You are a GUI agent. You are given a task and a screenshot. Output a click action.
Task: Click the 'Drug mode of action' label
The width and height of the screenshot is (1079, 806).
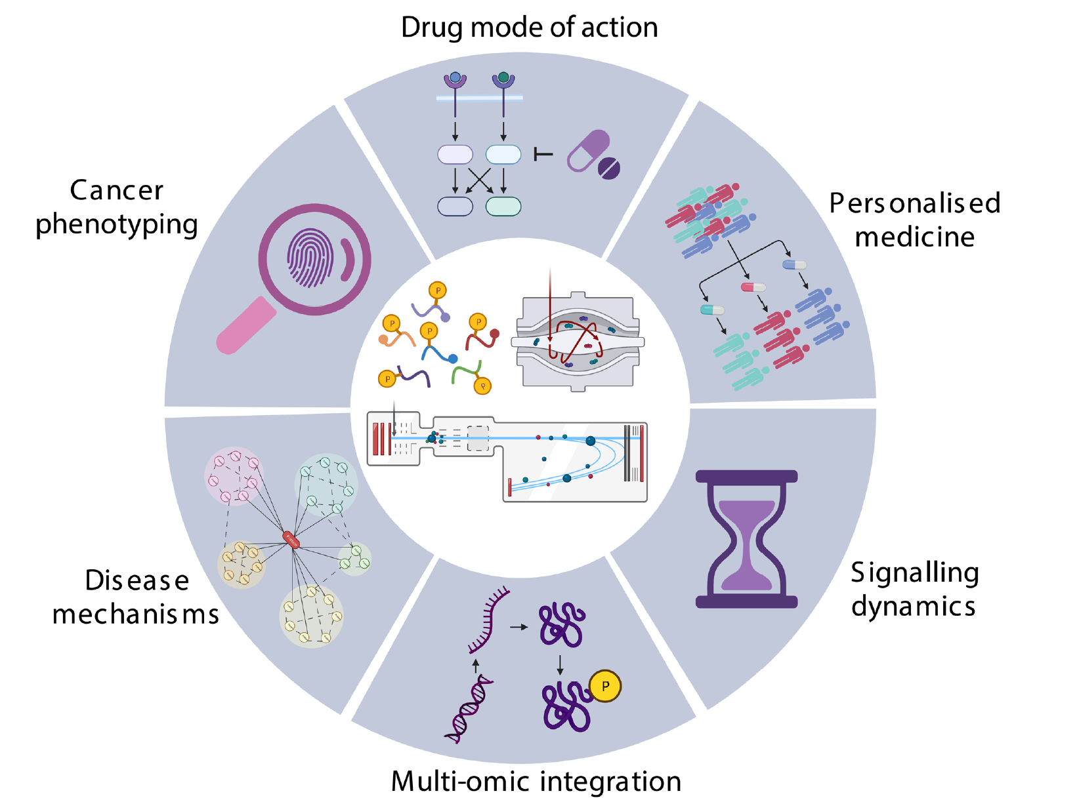(529, 28)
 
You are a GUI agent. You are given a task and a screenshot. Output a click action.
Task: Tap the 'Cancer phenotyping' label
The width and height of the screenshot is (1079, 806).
(117, 207)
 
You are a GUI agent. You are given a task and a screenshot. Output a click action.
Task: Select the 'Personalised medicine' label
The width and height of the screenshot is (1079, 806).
(914, 220)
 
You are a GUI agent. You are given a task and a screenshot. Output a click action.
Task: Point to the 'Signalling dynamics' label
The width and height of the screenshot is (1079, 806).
(914, 589)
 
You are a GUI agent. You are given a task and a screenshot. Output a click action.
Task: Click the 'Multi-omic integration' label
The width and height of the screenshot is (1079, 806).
(536, 781)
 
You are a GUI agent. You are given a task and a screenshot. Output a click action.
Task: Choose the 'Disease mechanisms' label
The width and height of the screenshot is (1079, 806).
(136, 597)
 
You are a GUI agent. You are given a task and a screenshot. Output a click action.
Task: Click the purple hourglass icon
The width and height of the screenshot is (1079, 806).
(746, 539)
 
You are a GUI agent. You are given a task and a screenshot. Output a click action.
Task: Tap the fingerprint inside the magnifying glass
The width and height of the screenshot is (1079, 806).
(310, 258)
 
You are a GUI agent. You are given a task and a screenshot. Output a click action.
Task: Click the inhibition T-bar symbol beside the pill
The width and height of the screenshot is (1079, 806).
(543, 155)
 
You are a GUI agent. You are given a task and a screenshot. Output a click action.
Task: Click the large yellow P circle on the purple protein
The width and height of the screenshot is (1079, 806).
(605, 686)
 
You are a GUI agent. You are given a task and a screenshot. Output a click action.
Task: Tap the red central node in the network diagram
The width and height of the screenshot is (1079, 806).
(291, 540)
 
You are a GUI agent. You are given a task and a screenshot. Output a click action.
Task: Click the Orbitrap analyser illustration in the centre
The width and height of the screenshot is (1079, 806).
(578, 342)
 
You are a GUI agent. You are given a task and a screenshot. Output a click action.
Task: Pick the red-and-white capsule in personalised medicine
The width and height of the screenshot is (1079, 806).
(753, 287)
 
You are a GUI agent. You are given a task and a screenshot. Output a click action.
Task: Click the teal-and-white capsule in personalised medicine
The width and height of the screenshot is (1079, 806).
(712, 310)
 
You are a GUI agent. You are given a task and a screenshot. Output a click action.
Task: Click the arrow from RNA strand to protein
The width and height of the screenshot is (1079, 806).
(519, 627)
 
